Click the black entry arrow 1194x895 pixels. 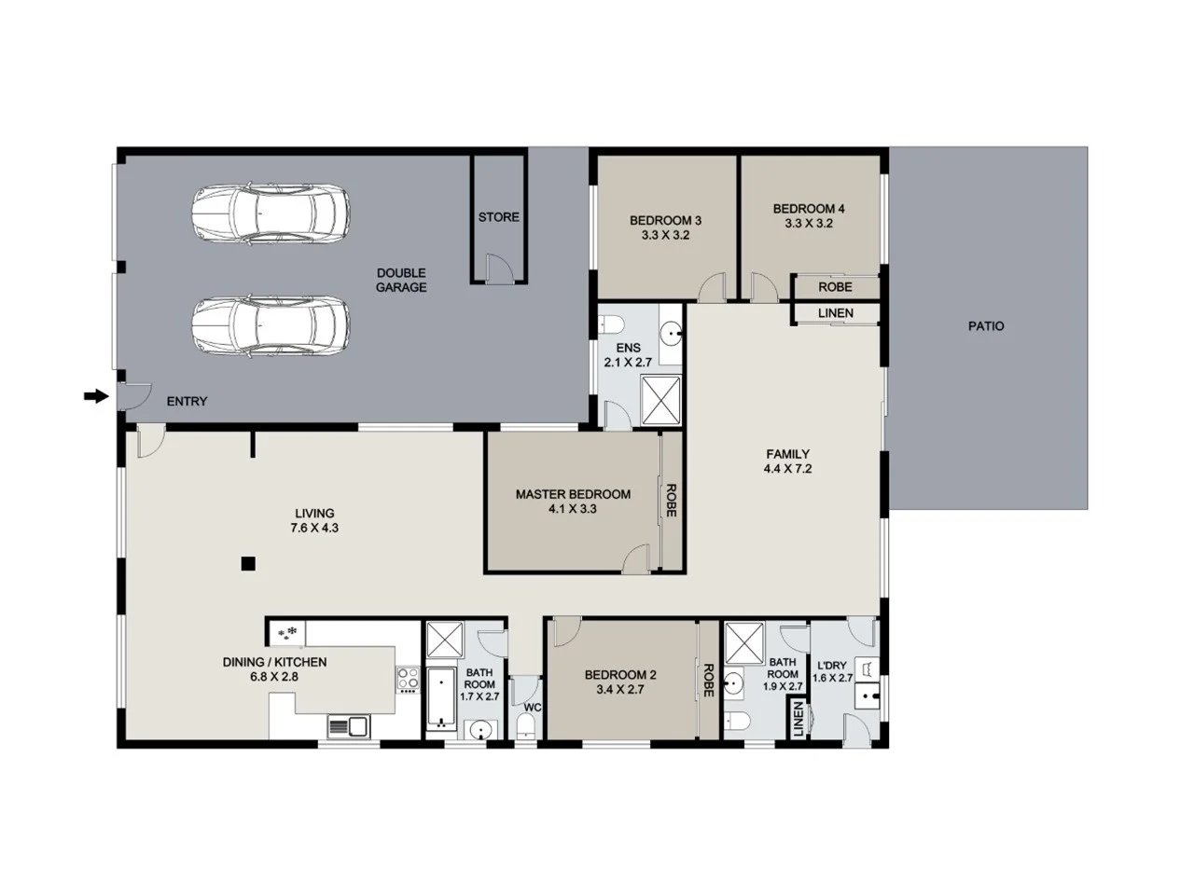click(95, 397)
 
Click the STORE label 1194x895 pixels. click(498, 217)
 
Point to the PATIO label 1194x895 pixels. click(986, 326)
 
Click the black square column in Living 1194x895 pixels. click(247, 563)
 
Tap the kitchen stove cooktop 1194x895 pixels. click(408, 678)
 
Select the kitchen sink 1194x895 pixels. click(348, 725)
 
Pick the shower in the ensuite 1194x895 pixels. click(661, 402)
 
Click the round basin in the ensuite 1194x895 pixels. click(671, 331)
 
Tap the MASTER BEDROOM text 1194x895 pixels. click(573, 494)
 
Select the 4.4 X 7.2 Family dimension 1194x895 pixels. click(787, 469)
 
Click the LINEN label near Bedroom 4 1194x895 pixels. click(835, 313)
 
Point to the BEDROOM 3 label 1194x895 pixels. click(665, 221)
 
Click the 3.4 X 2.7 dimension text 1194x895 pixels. click(620, 690)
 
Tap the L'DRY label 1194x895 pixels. click(830, 666)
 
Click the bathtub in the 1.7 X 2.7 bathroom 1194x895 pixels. click(439, 697)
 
